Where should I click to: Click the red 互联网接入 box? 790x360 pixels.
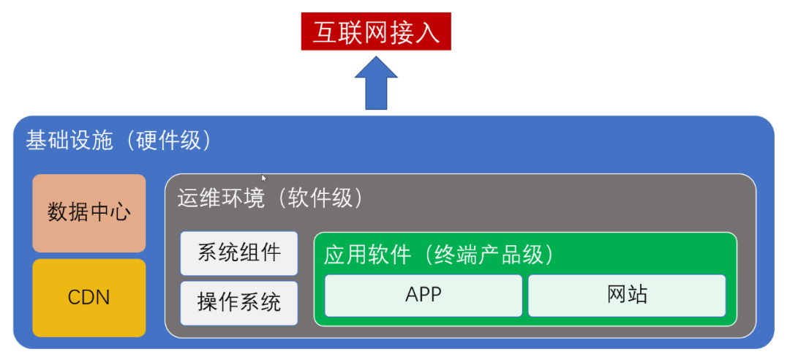coord(376,31)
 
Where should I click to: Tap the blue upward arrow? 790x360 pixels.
coord(376,83)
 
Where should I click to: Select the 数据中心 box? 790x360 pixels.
coord(89,213)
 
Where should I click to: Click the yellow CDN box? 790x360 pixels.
coord(89,298)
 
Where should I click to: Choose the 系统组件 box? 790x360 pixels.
coord(238,253)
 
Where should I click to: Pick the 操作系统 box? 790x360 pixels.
coord(238,303)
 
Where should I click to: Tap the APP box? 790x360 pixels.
coord(424,296)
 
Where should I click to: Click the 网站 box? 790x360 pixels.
coord(627,296)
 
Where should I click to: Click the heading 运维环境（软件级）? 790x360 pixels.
coord(271,198)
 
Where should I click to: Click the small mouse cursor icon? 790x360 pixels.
coord(263,178)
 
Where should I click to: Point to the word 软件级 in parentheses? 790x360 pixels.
coord(320,198)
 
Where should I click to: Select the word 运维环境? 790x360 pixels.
coord(221,198)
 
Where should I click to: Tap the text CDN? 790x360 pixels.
coord(89,298)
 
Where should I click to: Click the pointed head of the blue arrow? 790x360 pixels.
coord(376,56)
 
